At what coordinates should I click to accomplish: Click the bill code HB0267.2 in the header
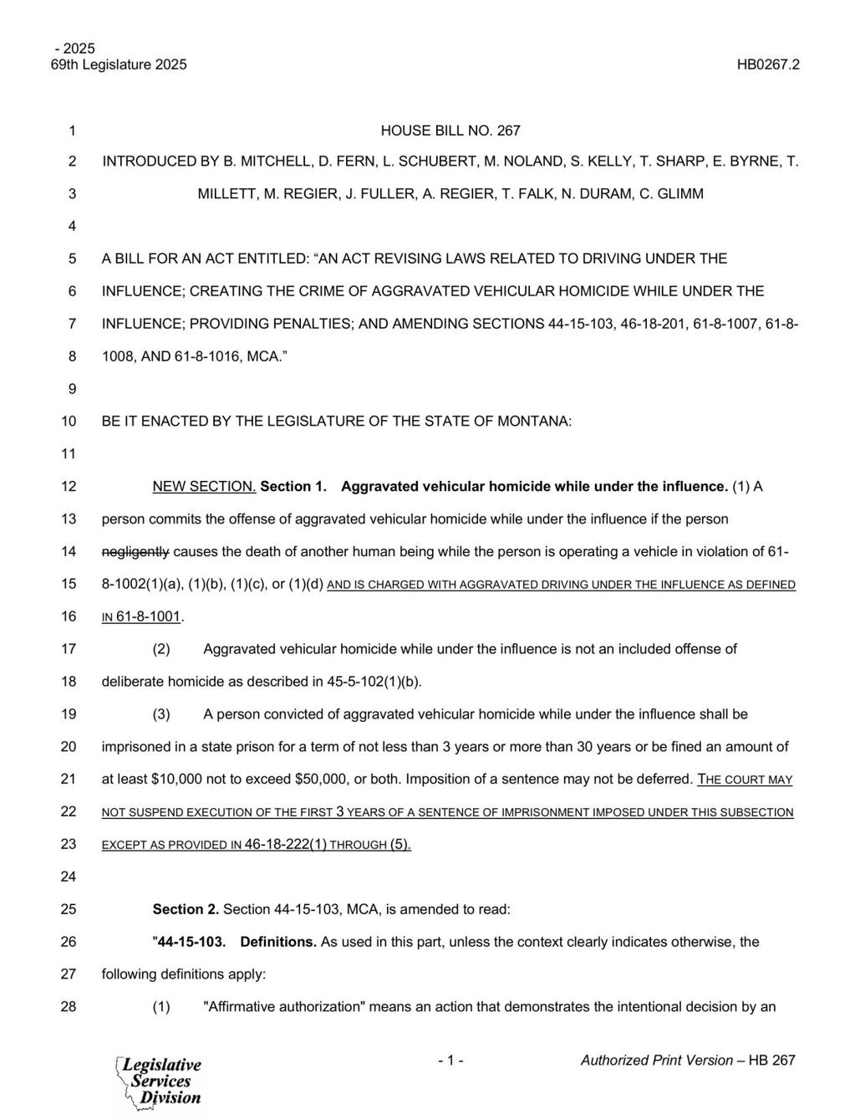point(768,64)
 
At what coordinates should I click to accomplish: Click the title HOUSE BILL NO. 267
point(450,130)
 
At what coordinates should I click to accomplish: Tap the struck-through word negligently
point(135,551)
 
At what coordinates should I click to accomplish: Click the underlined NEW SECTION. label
point(204,487)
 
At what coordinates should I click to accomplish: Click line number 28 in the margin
point(69,1007)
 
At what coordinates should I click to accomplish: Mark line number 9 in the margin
point(72,389)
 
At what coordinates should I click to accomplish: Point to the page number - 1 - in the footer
point(450,1061)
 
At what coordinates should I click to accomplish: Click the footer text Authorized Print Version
point(657,1061)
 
